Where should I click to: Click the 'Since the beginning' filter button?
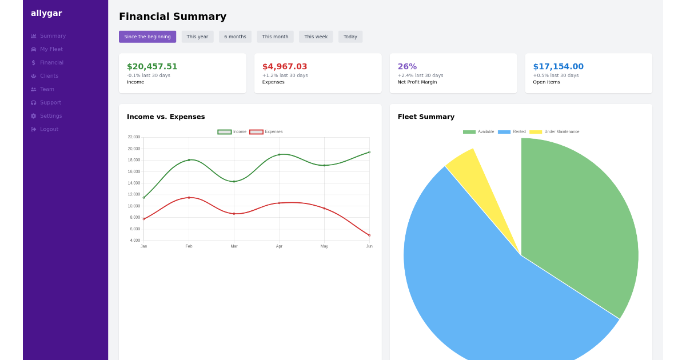click(x=147, y=37)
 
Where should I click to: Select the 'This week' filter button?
click(x=316, y=37)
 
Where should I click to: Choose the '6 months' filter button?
click(x=235, y=37)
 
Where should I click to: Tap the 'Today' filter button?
click(x=350, y=37)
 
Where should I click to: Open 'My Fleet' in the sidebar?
click(x=51, y=49)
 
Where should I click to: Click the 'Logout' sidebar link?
click(x=49, y=129)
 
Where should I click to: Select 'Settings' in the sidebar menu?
click(x=50, y=116)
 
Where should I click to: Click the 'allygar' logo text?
click(x=46, y=13)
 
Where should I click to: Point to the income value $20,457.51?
click(x=152, y=67)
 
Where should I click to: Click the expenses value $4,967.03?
click(x=285, y=67)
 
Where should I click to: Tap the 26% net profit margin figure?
click(x=407, y=67)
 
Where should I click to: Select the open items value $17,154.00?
click(x=558, y=67)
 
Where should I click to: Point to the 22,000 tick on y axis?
click(x=134, y=137)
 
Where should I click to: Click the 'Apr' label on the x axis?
click(x=279, y=246)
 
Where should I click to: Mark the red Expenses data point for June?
click(x=369, y=235)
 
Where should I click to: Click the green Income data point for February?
click(x=189, y=160)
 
